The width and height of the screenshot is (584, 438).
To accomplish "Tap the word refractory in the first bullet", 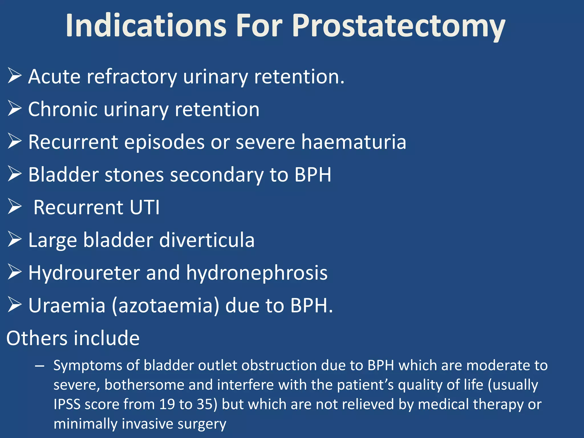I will point(132,77).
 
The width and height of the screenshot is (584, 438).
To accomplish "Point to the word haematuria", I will point(354,142).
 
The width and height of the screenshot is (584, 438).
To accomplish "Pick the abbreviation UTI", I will point(145,207).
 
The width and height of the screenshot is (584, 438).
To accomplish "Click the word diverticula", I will point(206,240).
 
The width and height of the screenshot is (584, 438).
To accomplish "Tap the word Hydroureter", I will point(84,273).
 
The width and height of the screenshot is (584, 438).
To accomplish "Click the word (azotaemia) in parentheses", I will point(165,306).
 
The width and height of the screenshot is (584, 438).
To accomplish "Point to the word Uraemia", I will point(67,306).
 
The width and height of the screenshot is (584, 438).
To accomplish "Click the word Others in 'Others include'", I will point(36,338).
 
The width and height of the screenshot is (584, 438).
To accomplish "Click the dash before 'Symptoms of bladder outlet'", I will point(40,366).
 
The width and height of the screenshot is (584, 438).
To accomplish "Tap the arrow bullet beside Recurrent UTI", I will point(15,206).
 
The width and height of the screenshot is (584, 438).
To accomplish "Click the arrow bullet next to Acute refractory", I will point(15,76).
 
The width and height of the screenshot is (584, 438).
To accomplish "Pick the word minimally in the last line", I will point(85,424).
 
